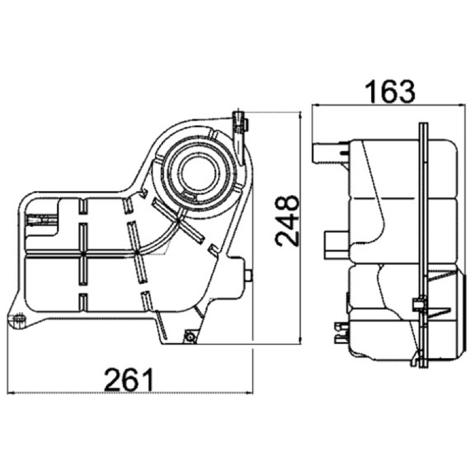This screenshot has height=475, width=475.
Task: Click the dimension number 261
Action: (129, 379)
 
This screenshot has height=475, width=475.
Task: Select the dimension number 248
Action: (287, 220)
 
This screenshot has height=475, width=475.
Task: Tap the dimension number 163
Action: (390, 91)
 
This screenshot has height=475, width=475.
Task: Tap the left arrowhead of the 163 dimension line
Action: (316, 105)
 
